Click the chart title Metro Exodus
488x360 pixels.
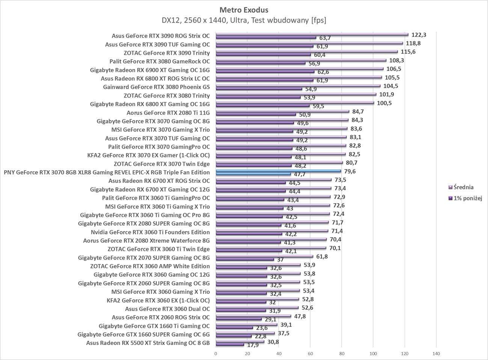click(x=244, y=10)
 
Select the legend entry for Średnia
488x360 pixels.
click(x=463, y=187)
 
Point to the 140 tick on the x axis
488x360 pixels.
click(x=436, y=353)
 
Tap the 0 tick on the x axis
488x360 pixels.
click(x=215, y=353)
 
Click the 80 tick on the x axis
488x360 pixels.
click(x=342, y=353)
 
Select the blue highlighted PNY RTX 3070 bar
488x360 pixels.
click(x=278, y=171)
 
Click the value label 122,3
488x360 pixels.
click(x=419, y=35)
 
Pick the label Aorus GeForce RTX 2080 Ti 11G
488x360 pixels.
click(x=168, y=112)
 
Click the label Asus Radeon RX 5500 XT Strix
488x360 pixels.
click(x=148, y=343)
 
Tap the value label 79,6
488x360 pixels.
click(x=350, y=171)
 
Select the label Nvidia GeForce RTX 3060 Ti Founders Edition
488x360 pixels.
click(x=150, y=232)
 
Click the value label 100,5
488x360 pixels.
click(x=384, y=103)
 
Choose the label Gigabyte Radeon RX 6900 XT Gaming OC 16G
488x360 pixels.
click(x=150, y=70)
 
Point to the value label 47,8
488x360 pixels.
click(x=299, y=316)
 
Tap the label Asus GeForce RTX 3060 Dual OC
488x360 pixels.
click(x=167, y=309)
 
